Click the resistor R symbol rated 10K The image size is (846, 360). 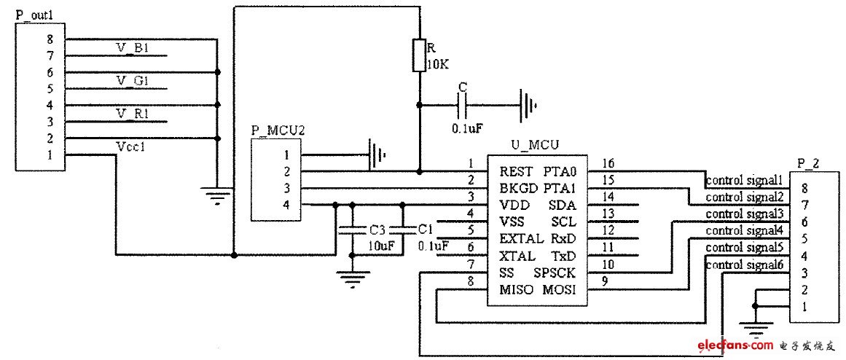coord(419,56)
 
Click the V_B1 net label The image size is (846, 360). coord(133,48)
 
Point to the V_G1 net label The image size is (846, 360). coord(133,80)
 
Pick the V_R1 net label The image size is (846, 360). coord(133,113)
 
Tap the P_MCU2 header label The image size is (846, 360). coord(278,130)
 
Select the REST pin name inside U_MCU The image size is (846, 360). coord(517,172)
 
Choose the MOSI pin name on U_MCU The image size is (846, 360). coord(559,290)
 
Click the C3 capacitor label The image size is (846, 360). coord(377,230)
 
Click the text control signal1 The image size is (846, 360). coord(743,179)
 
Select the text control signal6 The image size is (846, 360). coord(743,265)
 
